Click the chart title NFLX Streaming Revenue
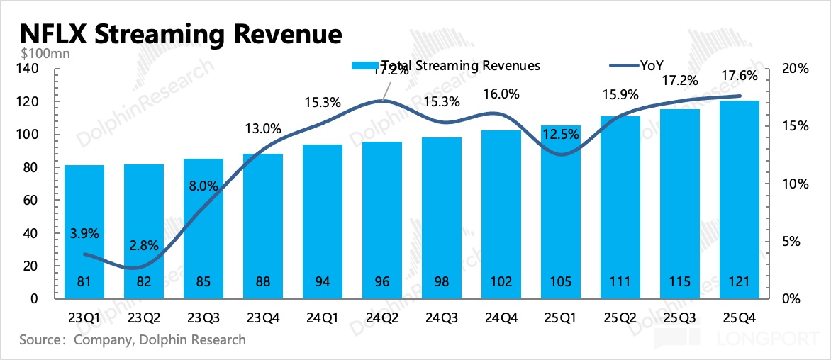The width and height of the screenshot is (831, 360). (181, 33)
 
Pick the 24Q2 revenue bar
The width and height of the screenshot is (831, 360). (382, 220)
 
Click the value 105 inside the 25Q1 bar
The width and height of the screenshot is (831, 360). (561, 281)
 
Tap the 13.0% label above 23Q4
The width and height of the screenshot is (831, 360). (263, 129)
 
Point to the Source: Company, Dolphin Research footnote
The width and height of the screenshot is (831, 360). (133, 340)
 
